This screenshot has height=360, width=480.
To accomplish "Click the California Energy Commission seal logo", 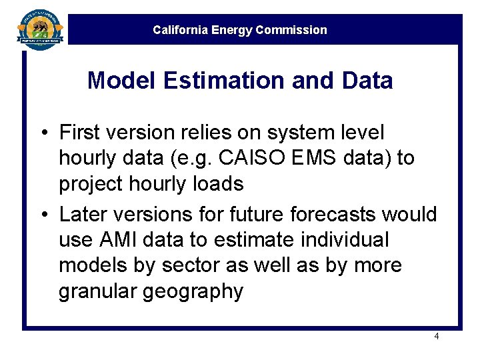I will [40, 28].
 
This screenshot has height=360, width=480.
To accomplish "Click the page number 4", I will [437, 337].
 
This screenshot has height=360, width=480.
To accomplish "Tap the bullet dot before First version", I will [42, 133].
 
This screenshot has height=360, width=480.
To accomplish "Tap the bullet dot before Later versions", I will [42, 215].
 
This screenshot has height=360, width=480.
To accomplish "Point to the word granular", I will [97, 291].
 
